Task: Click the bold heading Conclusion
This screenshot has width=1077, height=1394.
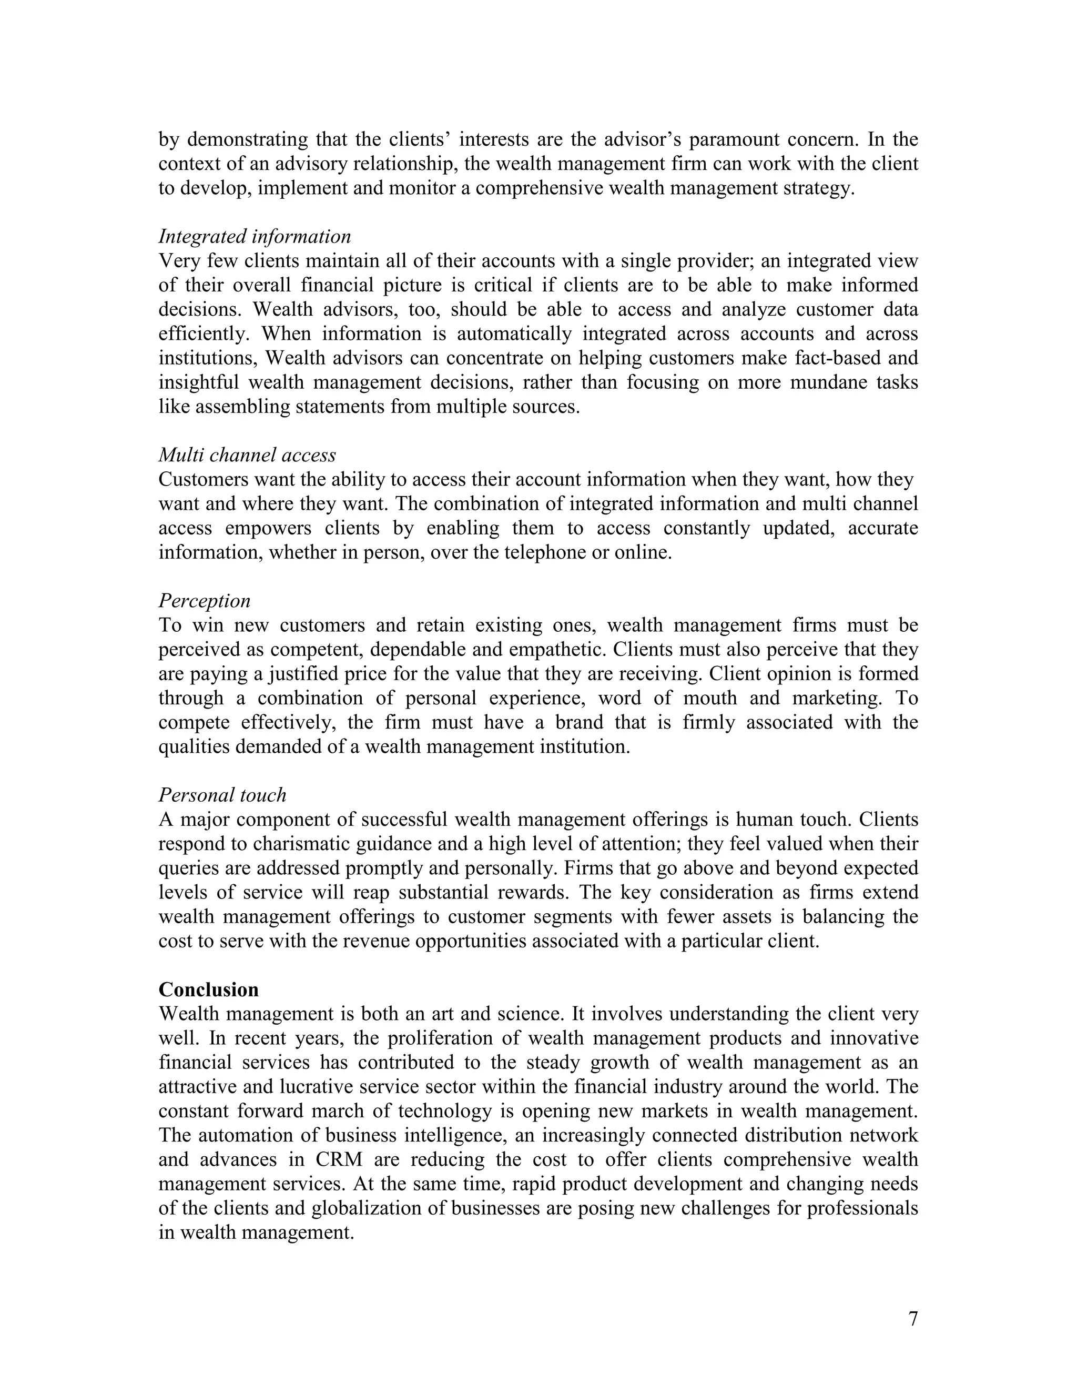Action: [209, 990]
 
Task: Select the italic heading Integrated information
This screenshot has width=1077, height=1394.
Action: [255, 237]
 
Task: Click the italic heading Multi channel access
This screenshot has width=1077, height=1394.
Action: [247, 455]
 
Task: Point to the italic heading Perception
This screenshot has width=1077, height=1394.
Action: [204, 601]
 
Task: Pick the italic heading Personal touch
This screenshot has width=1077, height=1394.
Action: [222, 795]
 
